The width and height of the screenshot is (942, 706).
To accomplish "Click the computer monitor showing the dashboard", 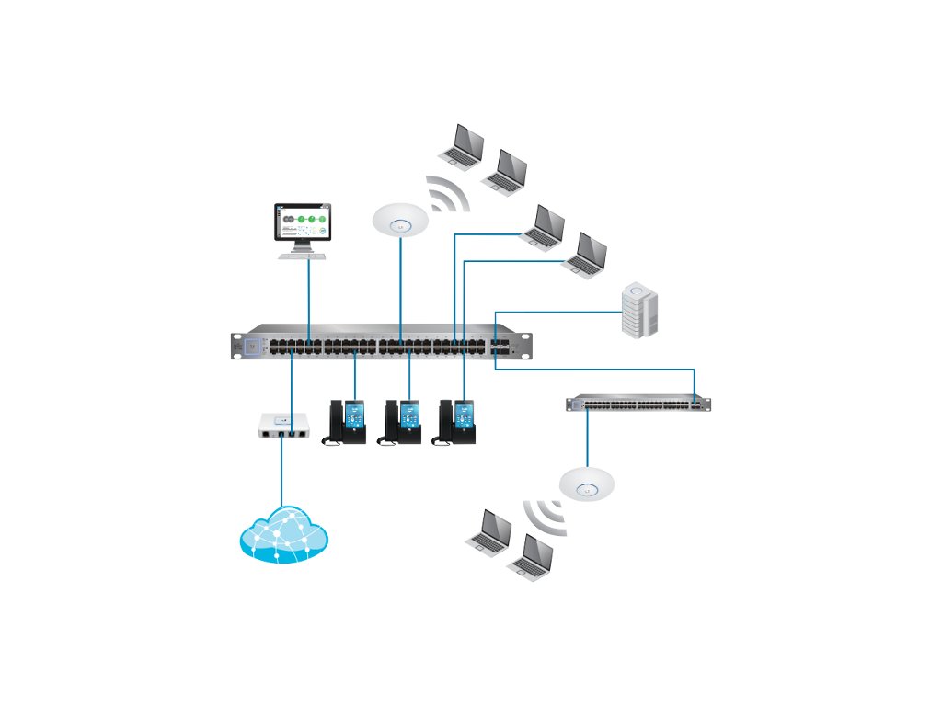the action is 304,225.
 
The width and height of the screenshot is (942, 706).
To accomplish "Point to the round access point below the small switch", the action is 586,484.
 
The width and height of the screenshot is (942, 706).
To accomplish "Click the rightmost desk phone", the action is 458,423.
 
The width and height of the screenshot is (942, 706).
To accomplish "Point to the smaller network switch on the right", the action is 639,403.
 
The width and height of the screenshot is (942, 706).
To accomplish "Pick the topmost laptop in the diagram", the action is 463,145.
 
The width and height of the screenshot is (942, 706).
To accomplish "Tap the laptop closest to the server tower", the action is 586,256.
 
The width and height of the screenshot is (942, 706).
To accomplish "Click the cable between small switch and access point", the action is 585,439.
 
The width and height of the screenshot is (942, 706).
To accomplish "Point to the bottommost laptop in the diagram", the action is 531,556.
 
